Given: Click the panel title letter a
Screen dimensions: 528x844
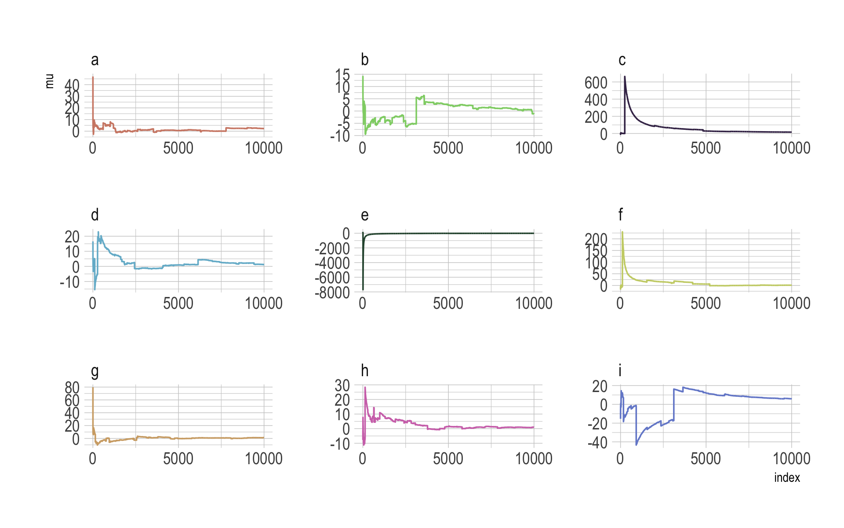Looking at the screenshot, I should (x=95, y=60).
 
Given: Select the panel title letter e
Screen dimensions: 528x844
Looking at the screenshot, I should (x=364, y=215).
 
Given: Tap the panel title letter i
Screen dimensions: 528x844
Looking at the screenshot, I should (x=620, y=371).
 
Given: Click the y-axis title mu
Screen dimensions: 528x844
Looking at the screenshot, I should (x=50, y=81).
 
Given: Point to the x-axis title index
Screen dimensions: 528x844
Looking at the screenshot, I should (x=787, y=478).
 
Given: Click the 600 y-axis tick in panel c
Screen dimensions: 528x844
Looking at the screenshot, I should (x=596, y=82).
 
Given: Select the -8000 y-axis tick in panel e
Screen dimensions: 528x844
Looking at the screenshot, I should (x=332, y=292).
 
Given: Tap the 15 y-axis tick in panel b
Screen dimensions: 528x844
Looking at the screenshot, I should (x=342, y=75).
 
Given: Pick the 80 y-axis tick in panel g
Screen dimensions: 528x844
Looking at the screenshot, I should (x=72, y=388).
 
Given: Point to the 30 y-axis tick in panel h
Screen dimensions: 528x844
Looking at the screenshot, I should (x=342, y=385).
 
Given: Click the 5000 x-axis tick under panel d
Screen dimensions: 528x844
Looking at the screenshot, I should (x=178, y=303).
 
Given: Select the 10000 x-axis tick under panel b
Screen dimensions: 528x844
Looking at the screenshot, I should (x=534, y=148).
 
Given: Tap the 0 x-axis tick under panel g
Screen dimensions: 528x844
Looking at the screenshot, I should (x=92, y=459).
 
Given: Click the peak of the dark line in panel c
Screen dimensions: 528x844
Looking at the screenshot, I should (x=625, y=77).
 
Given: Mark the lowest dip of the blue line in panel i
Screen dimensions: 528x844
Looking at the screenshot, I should (x=636, y=445).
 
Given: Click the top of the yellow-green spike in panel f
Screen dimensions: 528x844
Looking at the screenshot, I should (x=622, y=232).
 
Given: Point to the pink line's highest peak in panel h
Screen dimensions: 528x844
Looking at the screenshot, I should (x=365, y=387).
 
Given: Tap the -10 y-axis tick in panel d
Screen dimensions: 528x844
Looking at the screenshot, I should (x=70, y=282).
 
